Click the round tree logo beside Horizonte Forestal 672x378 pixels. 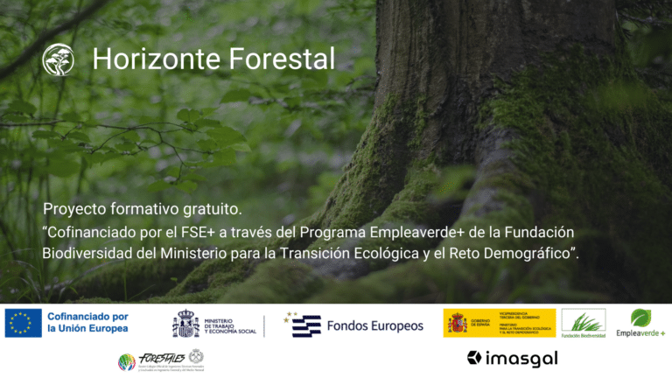pyautogui.click(x=59, y=59)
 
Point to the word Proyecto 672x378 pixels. pyautogui.click(x=74, y=210)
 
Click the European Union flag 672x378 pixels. pyautogui.click(x=23, y=323)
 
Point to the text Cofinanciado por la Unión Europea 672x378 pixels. pyautogui.click(x=87, y=323)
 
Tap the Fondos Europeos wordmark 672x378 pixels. pyautogui.click(x=374, y=325)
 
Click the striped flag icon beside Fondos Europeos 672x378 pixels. pyautogui.click(x=303, y=325)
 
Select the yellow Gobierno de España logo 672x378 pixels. pyautogui.click(x=499, y=323)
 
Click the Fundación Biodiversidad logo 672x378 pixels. pyautogui.click(x=583, y=323)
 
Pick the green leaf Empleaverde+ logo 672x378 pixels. pyautogui.click(x=640, y=322)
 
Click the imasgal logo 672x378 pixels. pyautogui.click(x=513, y=358)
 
